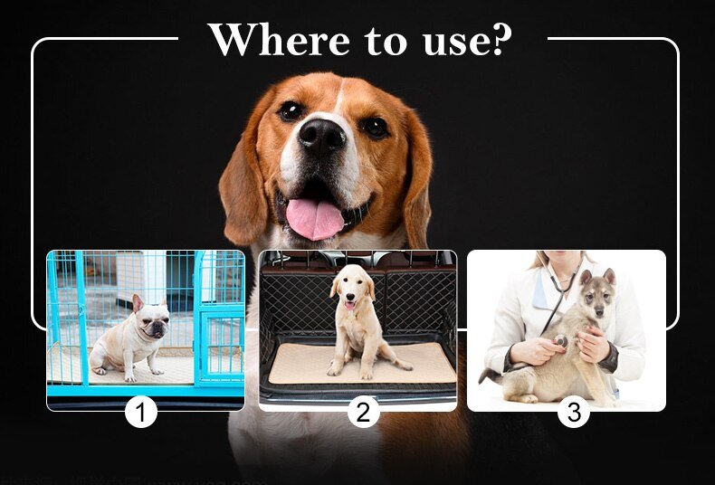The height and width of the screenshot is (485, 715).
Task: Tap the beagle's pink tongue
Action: (x=314, y=218)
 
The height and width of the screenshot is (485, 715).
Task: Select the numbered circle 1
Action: (x=140, y=413)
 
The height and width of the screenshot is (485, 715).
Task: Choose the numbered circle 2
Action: (x=363, y=413)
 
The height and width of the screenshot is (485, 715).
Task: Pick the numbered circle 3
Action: (x=573, y=413)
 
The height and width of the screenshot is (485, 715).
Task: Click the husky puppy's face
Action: (x=595, y=299)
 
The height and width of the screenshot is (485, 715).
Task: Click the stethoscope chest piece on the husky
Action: (x=561, y=341)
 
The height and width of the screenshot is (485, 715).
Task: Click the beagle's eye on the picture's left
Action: (x=291, y=110)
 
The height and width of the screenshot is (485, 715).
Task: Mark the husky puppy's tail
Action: (x=492, y=373)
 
